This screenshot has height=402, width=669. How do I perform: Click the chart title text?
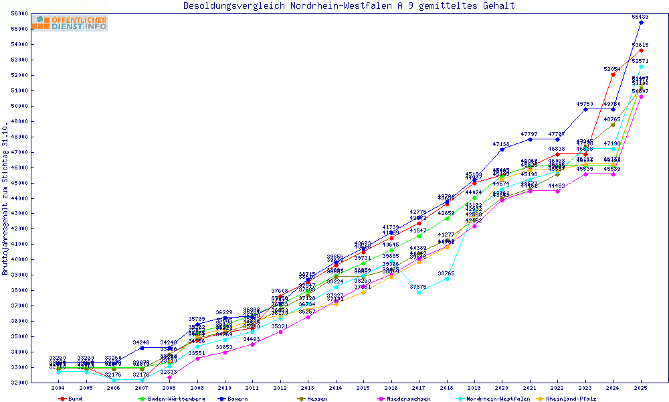[349, 6]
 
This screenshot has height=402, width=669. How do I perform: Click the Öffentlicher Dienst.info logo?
[70, 23]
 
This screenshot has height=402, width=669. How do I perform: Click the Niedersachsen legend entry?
[402, 399]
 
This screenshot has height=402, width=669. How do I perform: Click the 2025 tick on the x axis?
[641, 388]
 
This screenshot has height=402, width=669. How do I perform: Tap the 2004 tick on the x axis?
[58, 388]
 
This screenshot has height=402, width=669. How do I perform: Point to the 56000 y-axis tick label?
[19, 13]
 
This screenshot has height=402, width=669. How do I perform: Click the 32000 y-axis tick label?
[19, 383]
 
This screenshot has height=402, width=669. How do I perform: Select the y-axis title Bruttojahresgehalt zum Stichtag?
[6, 198]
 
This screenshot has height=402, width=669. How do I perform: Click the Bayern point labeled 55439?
[641, 22]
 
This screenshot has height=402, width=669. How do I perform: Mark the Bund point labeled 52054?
[613, 74]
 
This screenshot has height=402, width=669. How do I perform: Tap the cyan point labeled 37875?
[419, 292]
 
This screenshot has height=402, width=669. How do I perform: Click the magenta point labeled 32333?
[169, 377]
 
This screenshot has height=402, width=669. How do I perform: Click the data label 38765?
[447, 273]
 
